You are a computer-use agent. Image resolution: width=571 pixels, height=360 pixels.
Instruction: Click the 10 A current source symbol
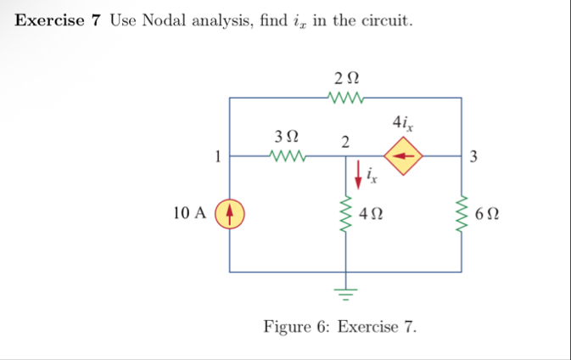click(231, 213)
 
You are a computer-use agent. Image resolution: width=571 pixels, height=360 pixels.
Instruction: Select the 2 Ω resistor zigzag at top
click(345, 98)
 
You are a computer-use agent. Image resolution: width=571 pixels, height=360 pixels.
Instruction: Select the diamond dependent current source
click(404, 156)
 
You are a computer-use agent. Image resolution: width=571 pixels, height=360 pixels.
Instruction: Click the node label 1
click(218, 155)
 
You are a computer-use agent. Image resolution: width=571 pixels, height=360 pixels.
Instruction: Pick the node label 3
click(473, 156)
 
